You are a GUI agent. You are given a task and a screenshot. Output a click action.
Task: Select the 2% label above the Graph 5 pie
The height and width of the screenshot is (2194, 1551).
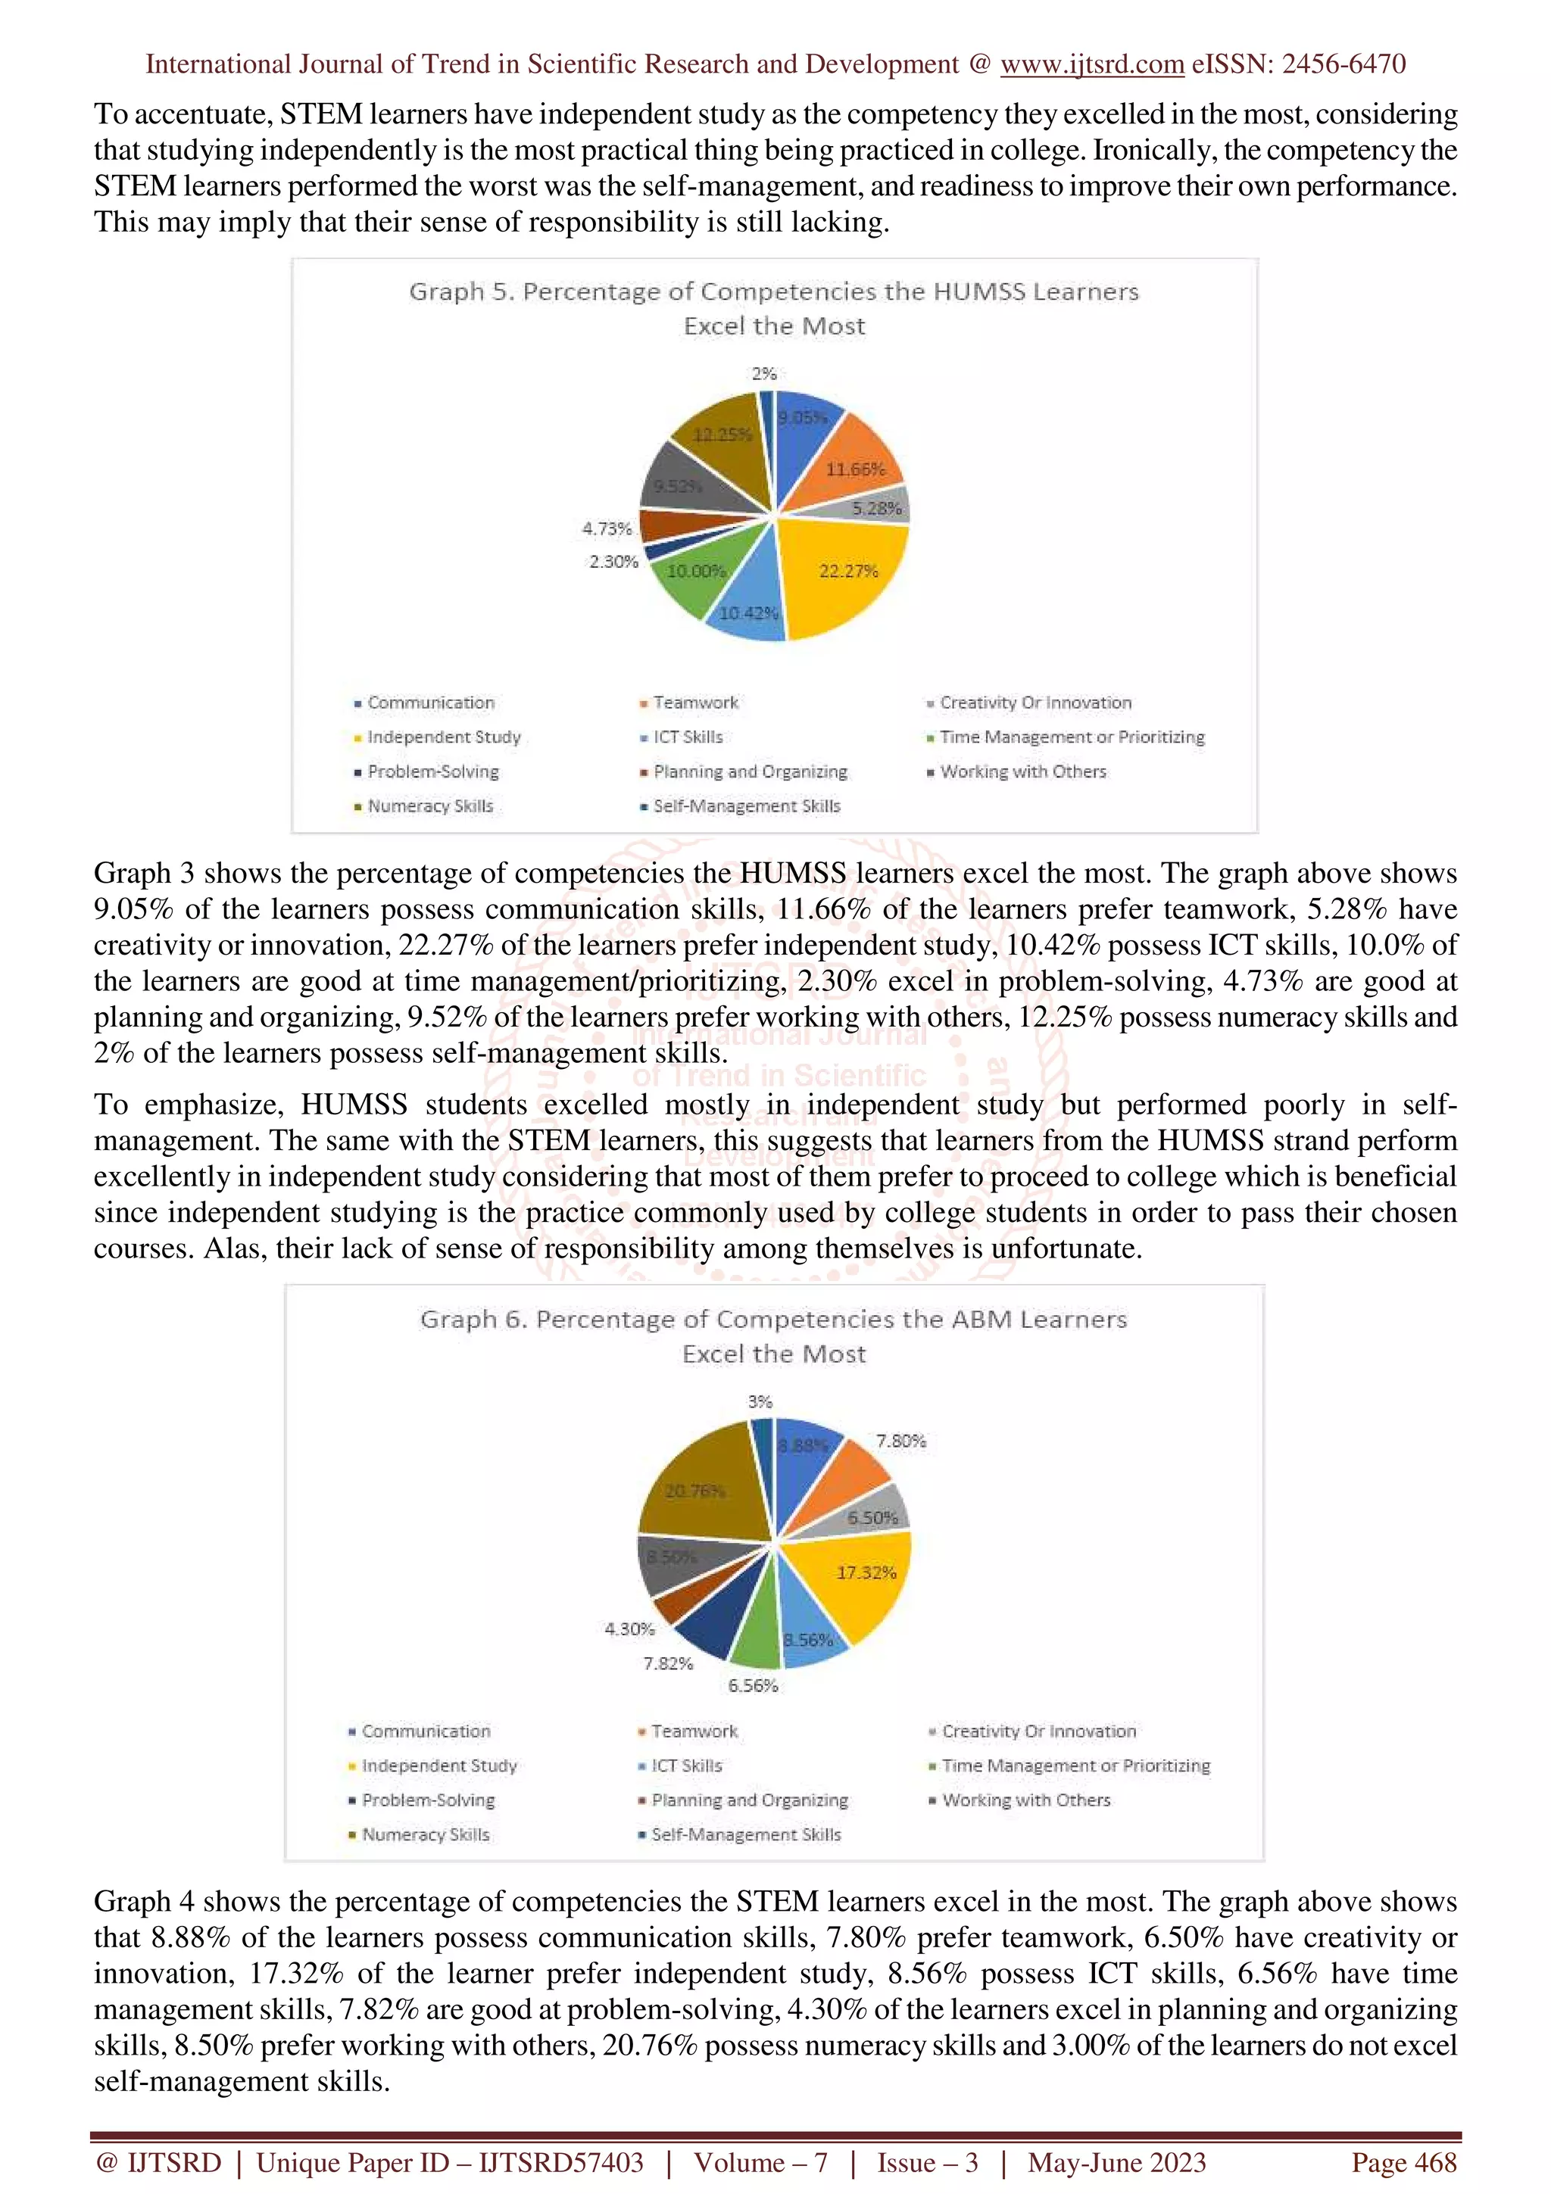click(x=763, y=374)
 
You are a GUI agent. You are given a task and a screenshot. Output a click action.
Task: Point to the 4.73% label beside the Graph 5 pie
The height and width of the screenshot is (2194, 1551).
click(x=607, y=528)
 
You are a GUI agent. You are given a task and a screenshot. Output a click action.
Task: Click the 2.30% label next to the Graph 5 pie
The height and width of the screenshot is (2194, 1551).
click(x=613, y=562)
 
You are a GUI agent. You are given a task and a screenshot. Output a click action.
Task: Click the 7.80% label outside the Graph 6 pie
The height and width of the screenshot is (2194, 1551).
click(x=900, y=1441)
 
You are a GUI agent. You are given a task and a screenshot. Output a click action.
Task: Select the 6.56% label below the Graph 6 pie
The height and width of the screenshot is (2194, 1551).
click(x=753, y=1686)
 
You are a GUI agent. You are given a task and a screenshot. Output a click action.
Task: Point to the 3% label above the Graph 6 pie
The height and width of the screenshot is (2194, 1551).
click(x=760, y=1402)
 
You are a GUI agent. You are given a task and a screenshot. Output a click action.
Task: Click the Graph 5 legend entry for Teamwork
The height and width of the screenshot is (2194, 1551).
click(x=694, y=703)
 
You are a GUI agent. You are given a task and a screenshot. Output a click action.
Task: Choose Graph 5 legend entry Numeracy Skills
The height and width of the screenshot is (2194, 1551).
click(x=430, y=806)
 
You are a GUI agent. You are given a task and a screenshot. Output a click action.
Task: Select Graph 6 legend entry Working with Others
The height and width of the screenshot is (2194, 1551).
click(x=1025, y=1800)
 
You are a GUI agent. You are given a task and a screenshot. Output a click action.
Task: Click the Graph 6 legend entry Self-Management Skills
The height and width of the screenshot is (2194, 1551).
click(x=745, y=1834)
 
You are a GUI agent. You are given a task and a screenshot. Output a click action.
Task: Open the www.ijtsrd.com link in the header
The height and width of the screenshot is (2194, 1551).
click(x=1092, y=64)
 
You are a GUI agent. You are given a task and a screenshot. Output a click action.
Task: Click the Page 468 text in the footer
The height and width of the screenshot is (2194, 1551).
click(x=1403, y=2162)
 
